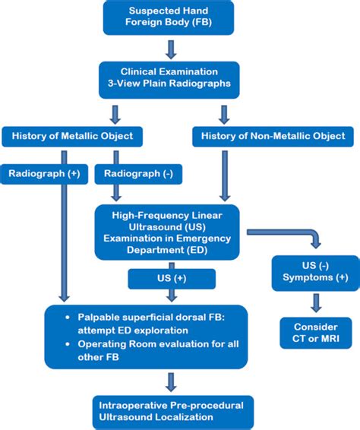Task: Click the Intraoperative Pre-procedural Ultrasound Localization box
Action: [x=172, y=412]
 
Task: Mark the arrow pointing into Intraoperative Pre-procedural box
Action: [x=172, y=381]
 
